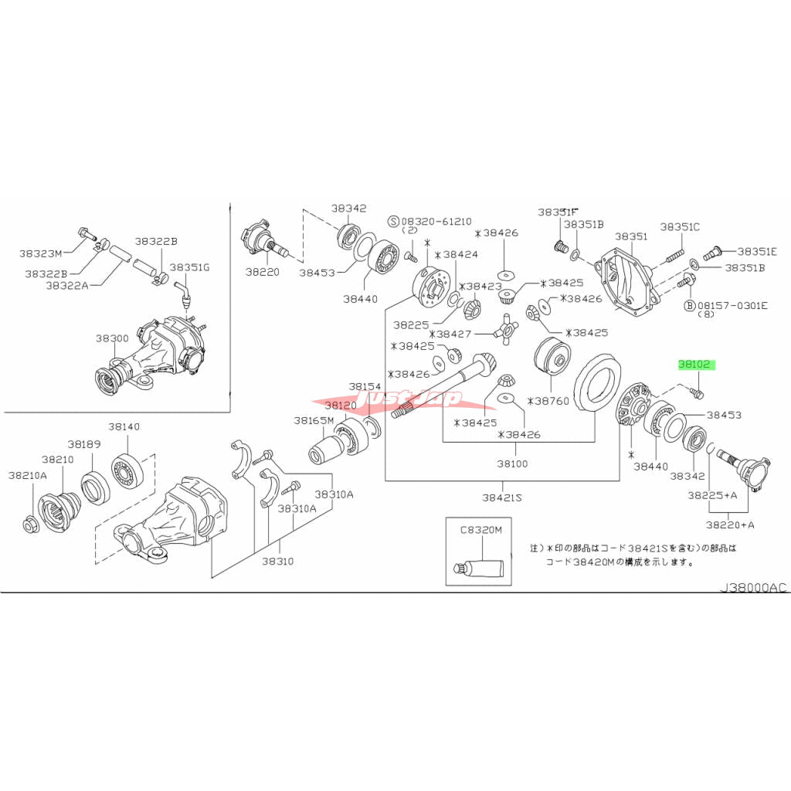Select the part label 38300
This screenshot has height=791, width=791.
tap(112, 338)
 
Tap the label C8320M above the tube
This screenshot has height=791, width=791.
tap(481, 530)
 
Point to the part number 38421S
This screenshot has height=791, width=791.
tap(501, 497)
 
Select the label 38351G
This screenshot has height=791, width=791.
tap(189, 267)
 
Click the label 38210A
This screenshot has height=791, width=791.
tap(28, 475)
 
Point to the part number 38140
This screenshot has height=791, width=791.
tap(124, 426)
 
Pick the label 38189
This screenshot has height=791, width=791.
tap(84, 444)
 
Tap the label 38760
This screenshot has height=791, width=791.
tap(551, 401)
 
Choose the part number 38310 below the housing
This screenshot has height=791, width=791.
tap(277, 561)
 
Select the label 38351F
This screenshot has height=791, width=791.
tap(558, 211)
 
